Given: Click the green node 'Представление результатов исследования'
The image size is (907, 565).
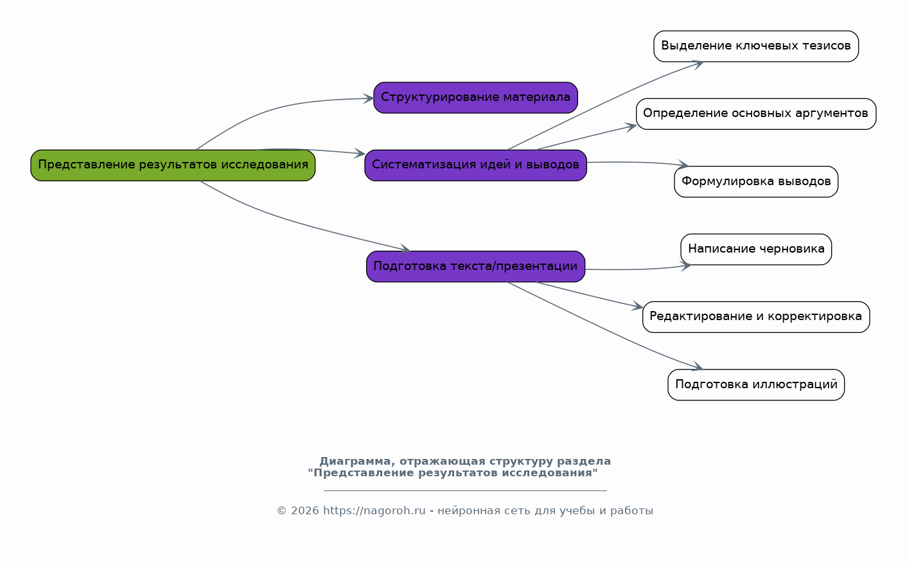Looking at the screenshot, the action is (173, 165).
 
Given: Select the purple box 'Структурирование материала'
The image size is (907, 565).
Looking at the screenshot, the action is (475, 98).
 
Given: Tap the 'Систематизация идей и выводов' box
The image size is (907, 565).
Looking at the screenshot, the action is (475, 165).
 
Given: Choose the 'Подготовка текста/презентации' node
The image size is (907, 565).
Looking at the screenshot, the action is (475, 266).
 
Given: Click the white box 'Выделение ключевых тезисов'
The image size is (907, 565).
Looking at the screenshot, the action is (756, 46).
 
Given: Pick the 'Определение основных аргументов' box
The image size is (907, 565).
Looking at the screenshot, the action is (756, 114).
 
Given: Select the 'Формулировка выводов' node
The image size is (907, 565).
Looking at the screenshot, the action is (756, 181).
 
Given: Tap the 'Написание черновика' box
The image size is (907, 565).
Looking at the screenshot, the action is (756, 249).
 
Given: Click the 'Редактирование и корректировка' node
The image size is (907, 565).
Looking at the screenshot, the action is (756, 317).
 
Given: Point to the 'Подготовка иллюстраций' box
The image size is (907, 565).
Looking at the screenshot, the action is (756, 384).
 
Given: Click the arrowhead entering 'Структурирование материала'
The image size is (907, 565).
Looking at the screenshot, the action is (369, 98).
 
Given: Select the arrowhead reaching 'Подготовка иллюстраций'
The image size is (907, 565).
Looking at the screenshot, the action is (698, 366).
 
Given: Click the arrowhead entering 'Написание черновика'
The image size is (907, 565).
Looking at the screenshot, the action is (686, 266).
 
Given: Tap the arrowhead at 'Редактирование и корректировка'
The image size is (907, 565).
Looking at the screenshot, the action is (638, 307).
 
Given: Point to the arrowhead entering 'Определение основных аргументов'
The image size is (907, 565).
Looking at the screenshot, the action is (631, 127).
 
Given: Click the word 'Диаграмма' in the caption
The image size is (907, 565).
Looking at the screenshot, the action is (355, 462).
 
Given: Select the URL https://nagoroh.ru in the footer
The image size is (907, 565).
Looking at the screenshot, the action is (374, 511).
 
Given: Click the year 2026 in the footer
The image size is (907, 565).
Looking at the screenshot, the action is (304, 511).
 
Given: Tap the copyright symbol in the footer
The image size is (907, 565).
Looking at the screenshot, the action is (281, 511).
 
